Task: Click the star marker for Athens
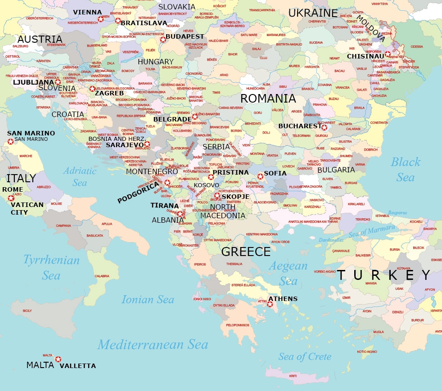pyautogui.click(x=270, y=305)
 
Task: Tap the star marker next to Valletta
pyautogui.click(x=58, y=359)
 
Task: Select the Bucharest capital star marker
pyautogui.click(x=324, y=127)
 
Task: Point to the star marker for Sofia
pyautogui.click(x=260, y=176)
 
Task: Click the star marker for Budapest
pyautogui.click(x=163, y=40)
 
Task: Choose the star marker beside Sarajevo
pyautogui.click(x=147, y=144)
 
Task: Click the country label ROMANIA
pyautogui.click(x=268, y=99)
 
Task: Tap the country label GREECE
pyautogui.click(x=246, y=252)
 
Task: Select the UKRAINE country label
pyautogui.click(x=313, y=13)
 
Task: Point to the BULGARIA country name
pyautogui.click(x=336, y=170)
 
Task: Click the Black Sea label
pyautogui.click(x=405, y=170)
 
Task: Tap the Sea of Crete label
pyautogui.click(x=305, y=357)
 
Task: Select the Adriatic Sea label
pyautogui.click(x=80, y=176)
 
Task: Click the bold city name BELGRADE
pyautogui.click(x=172, y=119)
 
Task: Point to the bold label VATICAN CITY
pyautogui.click(x=27, y=208)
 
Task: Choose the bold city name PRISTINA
pyautogui.click(x=230, y=172)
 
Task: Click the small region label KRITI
pyautogui.click(x=293, y=376)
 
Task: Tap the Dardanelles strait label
pyautogui.click(x=331, y=240)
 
